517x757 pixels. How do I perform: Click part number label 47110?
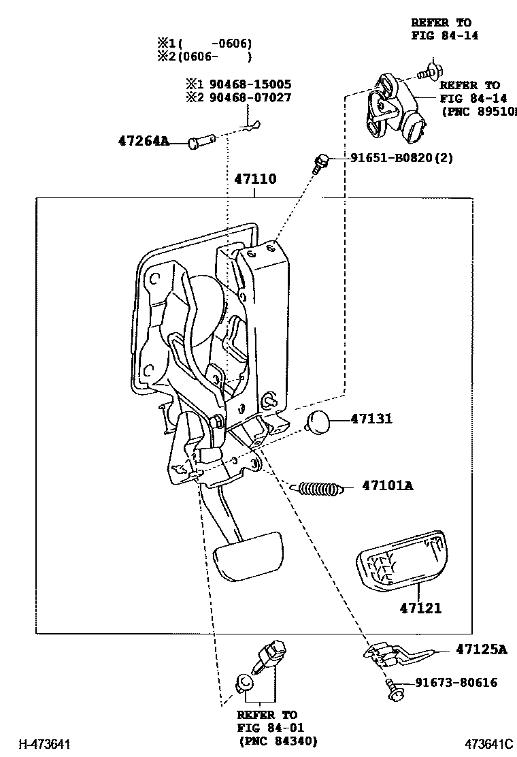tap(255, 180)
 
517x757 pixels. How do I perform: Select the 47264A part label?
tap(143, 142)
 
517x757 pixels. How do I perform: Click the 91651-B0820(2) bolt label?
tap(402, 158)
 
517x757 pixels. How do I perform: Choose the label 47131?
tap(371, 419)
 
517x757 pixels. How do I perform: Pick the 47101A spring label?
tap(388, 486)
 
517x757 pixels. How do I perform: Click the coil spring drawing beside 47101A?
tap(318, 488)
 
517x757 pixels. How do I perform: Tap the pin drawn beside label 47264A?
tap(203, 141)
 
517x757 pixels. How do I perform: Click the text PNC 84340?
tap(278, 741)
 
